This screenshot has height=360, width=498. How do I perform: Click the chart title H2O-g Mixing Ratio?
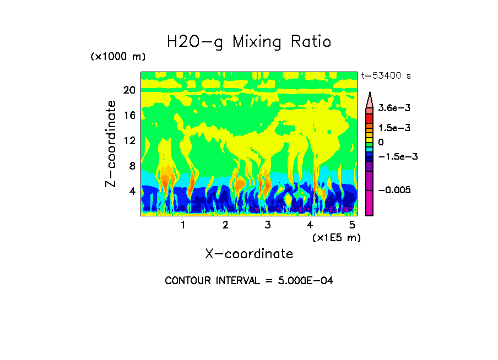(x=249, y=42)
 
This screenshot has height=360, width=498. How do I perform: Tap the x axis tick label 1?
(x=183, y=225)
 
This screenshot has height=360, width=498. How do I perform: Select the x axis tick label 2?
(x=225, y=225)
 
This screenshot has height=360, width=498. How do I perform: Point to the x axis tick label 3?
(x=268, y=225)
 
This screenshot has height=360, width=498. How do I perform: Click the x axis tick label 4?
(x=310, y=225)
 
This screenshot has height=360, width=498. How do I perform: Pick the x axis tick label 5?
(x=352, y=225)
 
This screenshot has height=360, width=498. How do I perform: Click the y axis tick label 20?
(x=129, y=90)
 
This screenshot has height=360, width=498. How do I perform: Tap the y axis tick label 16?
(x=129, y=116)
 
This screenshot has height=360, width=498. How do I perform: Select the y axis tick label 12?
(x=129, y=141)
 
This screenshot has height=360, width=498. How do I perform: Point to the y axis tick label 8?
(x=132, y=166)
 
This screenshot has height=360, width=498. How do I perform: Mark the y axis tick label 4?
(x=132, y=192)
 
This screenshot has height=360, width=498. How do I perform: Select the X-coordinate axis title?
(x=249, y=254)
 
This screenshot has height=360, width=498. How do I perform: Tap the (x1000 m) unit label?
(x=118, y=57)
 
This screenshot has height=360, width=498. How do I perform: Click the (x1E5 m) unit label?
(x=336, y=237)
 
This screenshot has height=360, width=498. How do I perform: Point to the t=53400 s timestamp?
(x=386, y=76)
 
